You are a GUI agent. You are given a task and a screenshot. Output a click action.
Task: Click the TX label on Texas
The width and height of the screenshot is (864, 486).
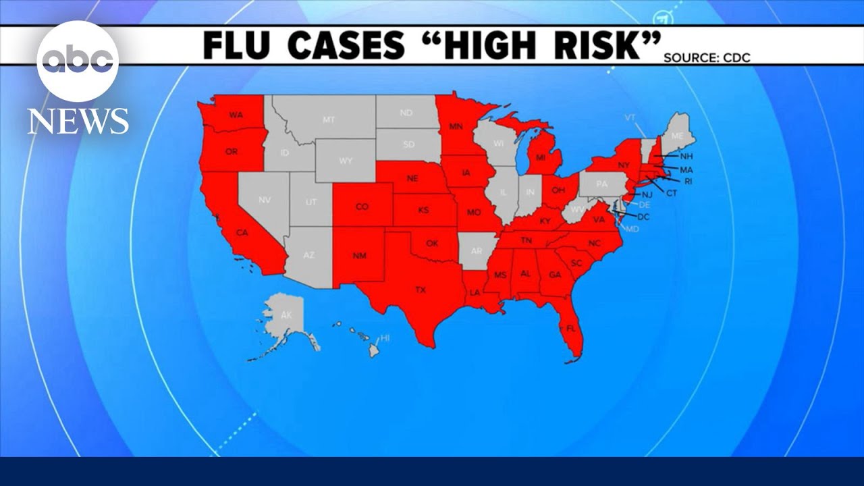[x=421, y=290]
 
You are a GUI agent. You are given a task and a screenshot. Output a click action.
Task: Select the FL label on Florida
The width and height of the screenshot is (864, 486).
[x=571, y=328]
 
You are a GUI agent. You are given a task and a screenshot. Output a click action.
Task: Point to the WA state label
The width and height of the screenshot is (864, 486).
[x=236, y=115]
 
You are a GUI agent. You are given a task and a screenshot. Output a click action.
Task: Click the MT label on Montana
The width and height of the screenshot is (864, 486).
[x=329, y=119]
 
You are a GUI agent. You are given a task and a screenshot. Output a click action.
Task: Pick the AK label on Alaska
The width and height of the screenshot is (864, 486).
[x=286, y=315]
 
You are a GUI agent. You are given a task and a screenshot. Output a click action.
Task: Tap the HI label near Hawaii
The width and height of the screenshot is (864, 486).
[x=385, y=337]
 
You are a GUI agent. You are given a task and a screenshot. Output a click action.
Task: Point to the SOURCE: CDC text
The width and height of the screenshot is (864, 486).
[x=707, y=58]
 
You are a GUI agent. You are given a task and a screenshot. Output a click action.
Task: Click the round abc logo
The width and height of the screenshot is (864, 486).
[x=78, y=61]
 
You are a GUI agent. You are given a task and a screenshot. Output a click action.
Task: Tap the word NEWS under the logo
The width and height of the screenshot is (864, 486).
[x=78, y=122]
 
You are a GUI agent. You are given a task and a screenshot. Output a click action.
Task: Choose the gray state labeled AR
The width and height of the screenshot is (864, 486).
[x=477, y=250]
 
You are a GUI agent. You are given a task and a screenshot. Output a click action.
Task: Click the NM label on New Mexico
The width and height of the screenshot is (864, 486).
[x=359, y=256]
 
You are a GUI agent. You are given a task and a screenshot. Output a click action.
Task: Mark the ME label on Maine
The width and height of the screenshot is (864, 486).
[x=678, y=136]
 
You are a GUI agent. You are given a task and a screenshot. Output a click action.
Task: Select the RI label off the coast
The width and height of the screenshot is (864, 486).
[x=688, y=182]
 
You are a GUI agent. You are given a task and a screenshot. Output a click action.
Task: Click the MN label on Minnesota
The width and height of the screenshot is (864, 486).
[x=456, y=126]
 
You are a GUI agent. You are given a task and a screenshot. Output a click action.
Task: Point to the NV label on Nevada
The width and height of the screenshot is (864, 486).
[x=265, y=200]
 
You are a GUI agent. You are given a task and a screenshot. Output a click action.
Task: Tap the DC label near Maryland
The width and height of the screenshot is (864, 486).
[x=643, y=217]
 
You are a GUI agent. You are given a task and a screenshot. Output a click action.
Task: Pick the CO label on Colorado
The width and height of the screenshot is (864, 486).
[x=362, y=207]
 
